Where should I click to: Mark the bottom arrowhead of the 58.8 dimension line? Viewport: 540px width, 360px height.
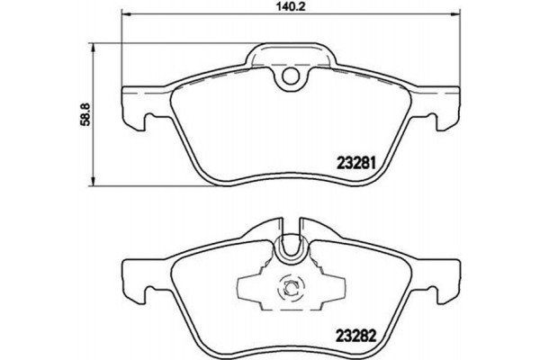click(97, 183)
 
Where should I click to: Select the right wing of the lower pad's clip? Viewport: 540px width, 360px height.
click(329, 288)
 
